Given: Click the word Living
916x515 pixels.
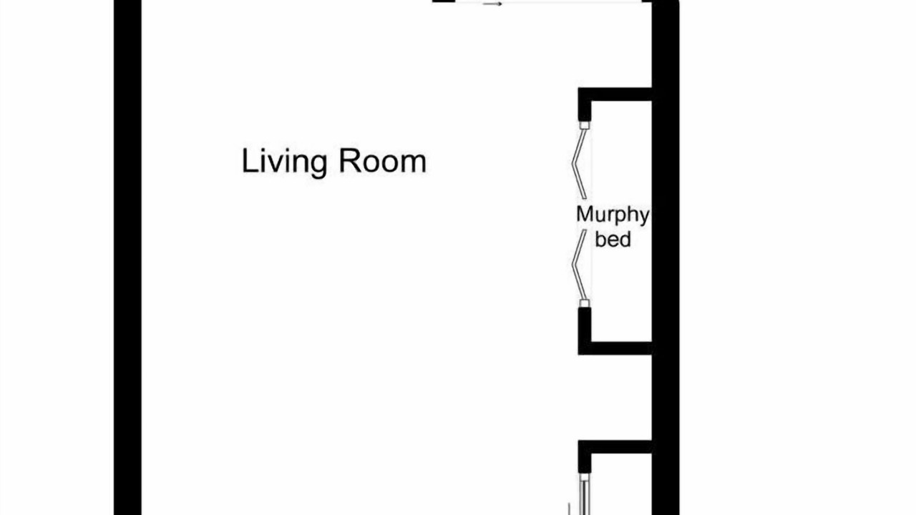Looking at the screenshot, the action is point(284,162).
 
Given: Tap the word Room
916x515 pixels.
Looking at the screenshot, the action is point(383,161).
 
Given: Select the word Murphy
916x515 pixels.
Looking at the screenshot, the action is point(613,215).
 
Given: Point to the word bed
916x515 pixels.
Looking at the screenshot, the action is point(613,239).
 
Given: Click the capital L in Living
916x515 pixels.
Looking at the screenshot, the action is point(249,161).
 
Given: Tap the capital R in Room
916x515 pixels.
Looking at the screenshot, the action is point(349,161).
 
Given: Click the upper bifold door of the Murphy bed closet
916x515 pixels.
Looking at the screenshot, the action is point(578,164).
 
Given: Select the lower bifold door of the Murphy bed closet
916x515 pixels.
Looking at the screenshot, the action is point(578,265).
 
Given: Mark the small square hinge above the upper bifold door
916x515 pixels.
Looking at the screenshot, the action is point(585,125).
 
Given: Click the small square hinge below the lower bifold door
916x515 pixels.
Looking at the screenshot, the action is point(585,303).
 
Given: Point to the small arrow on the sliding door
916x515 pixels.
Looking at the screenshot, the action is point(492,4).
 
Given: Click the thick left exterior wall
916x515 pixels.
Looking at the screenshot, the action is point(127,257).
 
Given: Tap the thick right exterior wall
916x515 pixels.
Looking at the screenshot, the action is point(666,257).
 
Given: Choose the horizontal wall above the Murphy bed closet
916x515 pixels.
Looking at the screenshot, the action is point(615,94).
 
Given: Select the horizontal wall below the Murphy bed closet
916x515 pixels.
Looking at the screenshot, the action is point(615,348).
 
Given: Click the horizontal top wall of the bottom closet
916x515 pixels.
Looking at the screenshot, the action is point(615,447).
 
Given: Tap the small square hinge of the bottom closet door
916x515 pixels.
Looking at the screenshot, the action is point(585,477).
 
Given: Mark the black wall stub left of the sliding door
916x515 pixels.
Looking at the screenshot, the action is point(444,1).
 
